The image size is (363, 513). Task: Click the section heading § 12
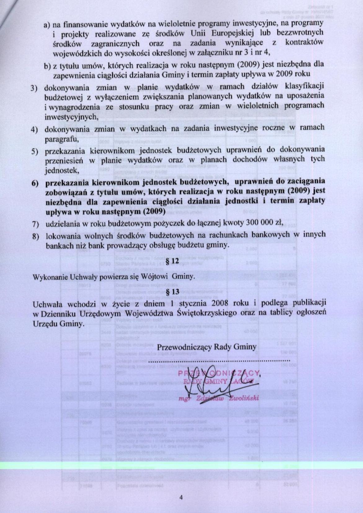coord(173,261)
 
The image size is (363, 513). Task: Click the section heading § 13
coord(173,292)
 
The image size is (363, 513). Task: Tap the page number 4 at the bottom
coord(181,497)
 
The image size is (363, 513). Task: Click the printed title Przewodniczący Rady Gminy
coord(207,347)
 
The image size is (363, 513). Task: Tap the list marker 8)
coord(36,236)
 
